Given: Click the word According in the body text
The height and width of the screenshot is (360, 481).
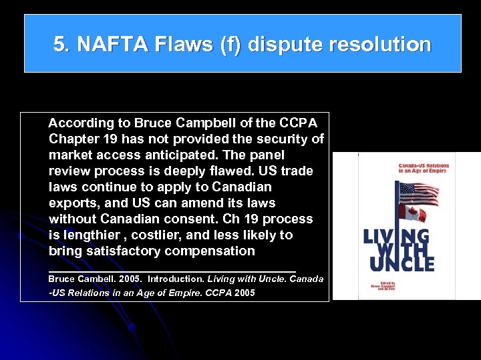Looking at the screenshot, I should click(x=82, y=123).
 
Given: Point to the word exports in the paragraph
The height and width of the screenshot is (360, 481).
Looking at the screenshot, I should click(x=71, y=203).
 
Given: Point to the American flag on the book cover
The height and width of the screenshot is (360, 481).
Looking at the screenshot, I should click(x=418, y=194).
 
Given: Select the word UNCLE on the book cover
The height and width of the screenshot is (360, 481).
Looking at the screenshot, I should click(x=399, y=263).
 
